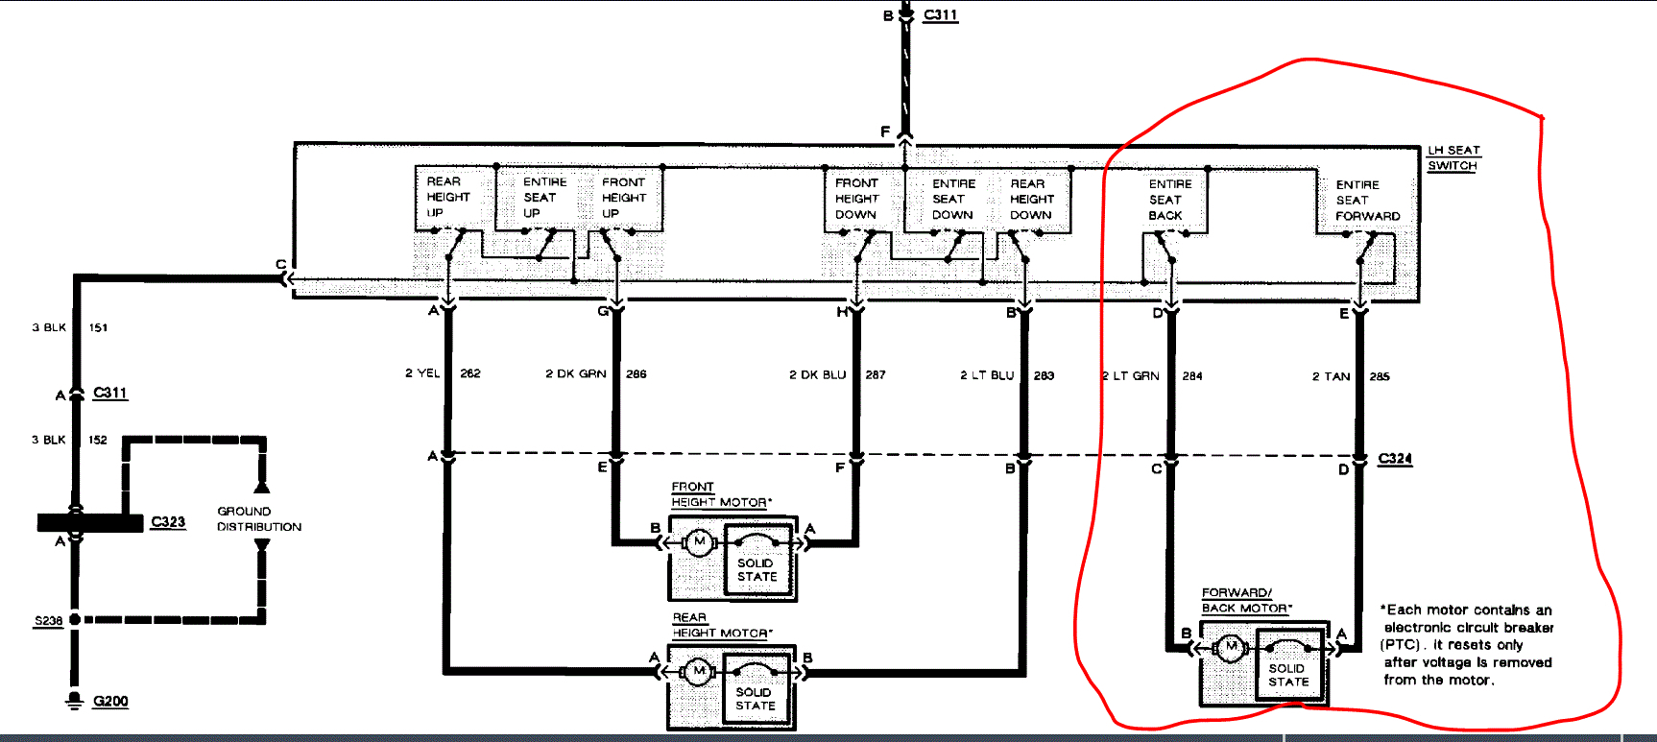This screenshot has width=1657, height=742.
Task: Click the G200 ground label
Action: tap(110, 702)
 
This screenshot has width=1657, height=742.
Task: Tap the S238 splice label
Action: tap(48, 621)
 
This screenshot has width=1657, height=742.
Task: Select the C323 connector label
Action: tap(168, 522)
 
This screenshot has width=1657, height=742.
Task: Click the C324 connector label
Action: tap(1395, 459)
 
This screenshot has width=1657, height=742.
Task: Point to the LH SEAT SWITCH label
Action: tap(1453, 158)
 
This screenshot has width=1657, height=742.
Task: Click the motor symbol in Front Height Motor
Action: tap(699, 542)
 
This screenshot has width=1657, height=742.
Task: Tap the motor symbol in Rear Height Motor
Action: tap(698, 671)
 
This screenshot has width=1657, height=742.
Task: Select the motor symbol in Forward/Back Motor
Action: tap(1231, 648)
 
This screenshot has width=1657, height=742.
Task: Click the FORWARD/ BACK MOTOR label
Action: tap(1246, 601)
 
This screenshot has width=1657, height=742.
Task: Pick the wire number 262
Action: tap(470, 373)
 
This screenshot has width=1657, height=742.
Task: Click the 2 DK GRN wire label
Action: tap(576, 374)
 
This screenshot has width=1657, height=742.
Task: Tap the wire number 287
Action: tap(876, 374)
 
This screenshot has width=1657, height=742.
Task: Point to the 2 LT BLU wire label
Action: tap(987, 375)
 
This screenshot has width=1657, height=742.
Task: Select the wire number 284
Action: tap(1192, 376)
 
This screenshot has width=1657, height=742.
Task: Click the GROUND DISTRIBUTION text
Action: tap(258, 519)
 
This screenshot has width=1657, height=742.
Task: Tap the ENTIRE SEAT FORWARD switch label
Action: tap(1367, 201)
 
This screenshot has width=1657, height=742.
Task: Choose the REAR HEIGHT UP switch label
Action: tap(447, 197)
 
